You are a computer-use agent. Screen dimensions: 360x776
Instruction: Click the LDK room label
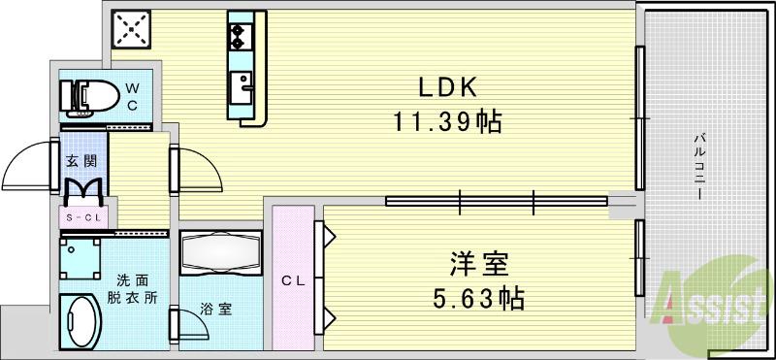(446, 87)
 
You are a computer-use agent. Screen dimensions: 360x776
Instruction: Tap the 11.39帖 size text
(446, 122)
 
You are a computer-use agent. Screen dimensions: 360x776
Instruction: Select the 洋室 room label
(479, 264)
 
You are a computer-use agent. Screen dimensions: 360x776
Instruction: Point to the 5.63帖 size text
(479, 297)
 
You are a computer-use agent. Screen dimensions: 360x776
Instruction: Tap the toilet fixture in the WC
(85, 97)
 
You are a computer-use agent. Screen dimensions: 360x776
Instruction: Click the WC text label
(133, 95)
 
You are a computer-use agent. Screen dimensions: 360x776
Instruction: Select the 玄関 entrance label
(79, 161)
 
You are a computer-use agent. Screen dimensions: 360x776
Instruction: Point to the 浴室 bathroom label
(216, 311)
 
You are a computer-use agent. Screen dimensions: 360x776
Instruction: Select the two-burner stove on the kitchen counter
(240, 36)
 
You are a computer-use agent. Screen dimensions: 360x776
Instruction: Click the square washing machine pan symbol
(81, 259)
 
